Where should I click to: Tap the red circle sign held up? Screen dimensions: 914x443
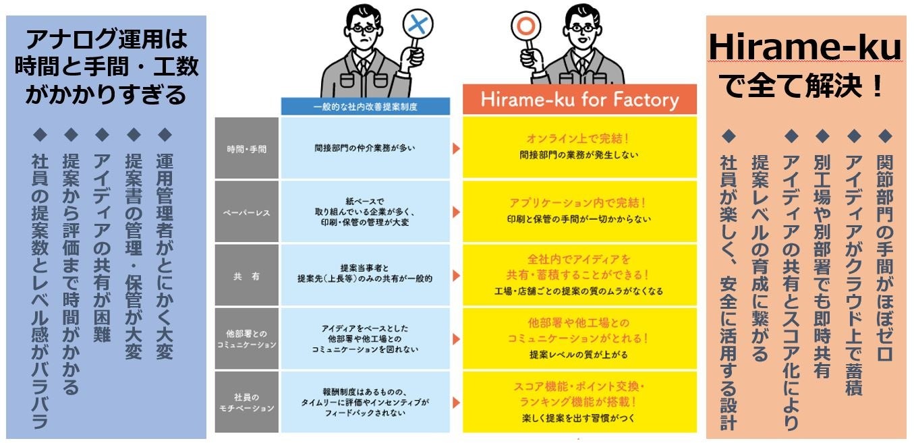[x=522, y=26]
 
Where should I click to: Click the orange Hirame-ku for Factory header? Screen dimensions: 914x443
[x=579, y=100]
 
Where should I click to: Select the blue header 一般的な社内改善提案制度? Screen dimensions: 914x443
[x=365, y=107]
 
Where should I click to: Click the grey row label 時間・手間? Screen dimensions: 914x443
[x=246, y=148]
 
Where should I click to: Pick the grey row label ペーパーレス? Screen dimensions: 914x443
[x=246, y=212]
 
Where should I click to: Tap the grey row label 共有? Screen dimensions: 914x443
[x=246, y=276]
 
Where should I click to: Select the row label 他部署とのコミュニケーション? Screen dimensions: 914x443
[x=246, y=338]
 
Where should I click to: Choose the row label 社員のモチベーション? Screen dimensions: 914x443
[x=246, y=402]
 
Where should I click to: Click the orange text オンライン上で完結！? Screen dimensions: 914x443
[x=579, y=139]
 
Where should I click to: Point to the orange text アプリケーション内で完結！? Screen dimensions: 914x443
[x=579, y=202]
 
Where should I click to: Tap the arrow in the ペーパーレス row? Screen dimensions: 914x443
[x=456, y=212]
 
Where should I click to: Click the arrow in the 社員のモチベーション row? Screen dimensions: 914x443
[x=456, y=403]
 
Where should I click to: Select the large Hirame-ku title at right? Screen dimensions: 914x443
[x=805, y=49]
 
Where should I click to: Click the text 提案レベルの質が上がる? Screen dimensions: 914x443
[x=579, y=355]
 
